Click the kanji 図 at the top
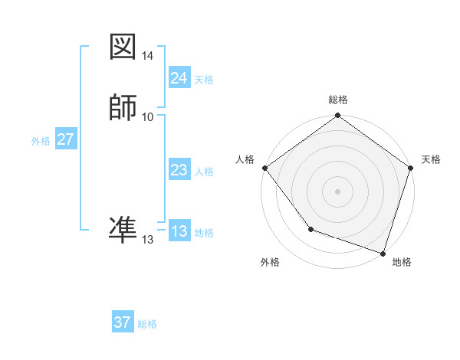123,47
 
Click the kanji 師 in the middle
123,107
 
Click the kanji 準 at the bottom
123,229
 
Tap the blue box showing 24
179,78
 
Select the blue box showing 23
179,171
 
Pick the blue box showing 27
66,139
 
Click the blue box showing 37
123,322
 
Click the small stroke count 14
148,56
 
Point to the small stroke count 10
148,116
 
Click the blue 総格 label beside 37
147,324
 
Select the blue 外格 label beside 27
41,141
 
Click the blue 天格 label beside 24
204,80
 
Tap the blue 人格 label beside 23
204,172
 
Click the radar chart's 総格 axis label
338,100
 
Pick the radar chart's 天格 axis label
432,159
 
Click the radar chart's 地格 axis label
402,262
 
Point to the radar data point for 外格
310,229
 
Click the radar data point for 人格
264,168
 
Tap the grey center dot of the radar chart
338,191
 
